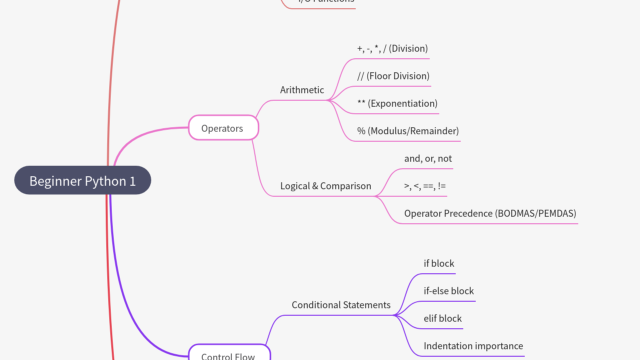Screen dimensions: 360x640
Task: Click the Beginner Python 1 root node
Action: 82,180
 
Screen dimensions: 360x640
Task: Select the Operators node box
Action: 223,128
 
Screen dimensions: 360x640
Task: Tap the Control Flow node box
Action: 228,354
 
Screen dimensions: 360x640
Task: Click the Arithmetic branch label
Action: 302,90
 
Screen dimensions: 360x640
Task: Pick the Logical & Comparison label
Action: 325,186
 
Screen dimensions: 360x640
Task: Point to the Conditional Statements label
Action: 341,305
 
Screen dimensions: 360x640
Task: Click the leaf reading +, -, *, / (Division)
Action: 392,48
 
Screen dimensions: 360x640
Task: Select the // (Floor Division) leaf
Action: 393,76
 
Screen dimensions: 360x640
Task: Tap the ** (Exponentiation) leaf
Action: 397,103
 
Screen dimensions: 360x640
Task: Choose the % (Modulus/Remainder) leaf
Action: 408,131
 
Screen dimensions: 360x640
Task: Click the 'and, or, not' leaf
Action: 428,158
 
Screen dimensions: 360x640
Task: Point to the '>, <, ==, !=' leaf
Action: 425,186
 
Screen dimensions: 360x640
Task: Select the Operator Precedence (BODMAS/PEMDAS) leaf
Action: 490,213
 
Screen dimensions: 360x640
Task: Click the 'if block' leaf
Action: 439,263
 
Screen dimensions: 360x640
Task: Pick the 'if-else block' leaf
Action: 449,291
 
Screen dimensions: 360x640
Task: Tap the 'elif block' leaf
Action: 443,318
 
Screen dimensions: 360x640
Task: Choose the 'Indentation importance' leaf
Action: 473,346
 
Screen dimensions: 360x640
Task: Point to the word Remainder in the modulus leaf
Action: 434,131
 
